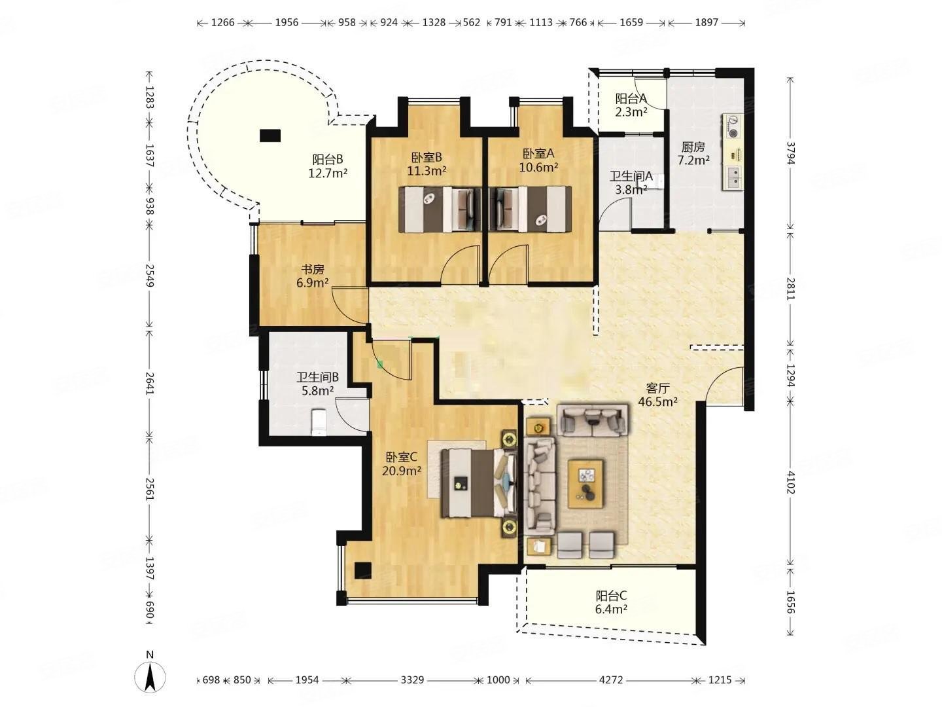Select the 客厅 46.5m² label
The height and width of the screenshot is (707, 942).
[658, 395]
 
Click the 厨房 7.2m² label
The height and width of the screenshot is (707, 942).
[693, 154]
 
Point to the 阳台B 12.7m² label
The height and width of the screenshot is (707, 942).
[328, 166]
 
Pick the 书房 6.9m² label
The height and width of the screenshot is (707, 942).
[313, 276]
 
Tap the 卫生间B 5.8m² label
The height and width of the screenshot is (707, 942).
[317, 384]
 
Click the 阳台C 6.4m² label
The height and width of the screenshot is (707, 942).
[611, 602]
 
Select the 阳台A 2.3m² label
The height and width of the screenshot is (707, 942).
[631, 105]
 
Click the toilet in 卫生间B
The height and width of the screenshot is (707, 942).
[319, 422]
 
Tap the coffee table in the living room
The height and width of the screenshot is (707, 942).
[586, 484]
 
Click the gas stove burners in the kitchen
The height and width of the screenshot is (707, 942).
[733, 126]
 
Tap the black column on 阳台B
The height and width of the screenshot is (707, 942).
[270, 136]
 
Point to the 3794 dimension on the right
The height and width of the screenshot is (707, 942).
[790, 153]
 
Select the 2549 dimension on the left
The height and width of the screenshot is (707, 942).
[149, 276]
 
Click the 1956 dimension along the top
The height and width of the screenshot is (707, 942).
[287, 22]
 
